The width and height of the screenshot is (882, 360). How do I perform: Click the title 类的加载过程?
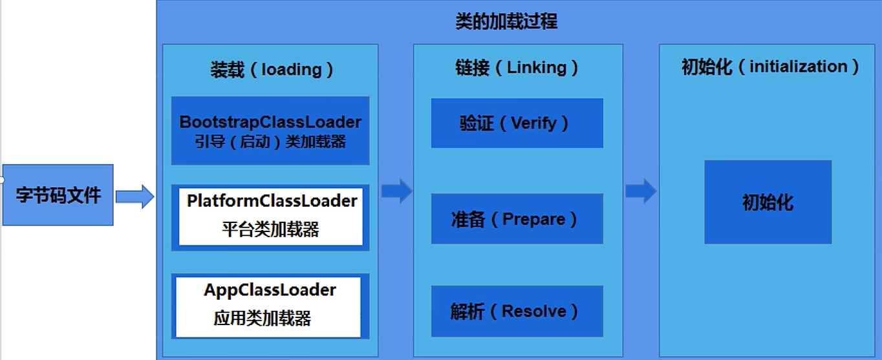(506, 22)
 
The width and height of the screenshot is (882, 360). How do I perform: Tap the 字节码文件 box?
(58, 195)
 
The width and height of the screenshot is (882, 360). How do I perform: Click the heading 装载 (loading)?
(272, 69)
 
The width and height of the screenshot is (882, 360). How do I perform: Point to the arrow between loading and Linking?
(396, 191)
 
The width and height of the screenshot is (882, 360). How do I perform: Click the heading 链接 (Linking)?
(517, 67)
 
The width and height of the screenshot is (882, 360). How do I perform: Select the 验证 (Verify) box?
(517, 123)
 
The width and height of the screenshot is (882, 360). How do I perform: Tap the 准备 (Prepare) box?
(517, 219)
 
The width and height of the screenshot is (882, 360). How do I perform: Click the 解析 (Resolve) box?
(517, 312)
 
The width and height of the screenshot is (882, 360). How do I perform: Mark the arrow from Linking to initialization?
(641, 191)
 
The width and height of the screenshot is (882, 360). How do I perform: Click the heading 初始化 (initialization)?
(770, 67)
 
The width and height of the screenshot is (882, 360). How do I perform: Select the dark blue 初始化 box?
(768, 202)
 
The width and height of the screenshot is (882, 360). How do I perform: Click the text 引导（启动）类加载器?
(270, 142)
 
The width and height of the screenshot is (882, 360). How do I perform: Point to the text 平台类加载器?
(271, 229)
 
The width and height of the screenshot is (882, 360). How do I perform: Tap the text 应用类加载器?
(262, 318)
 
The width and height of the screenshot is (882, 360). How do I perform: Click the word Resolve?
(533, 312)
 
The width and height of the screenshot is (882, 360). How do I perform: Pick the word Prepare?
(533, 219)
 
